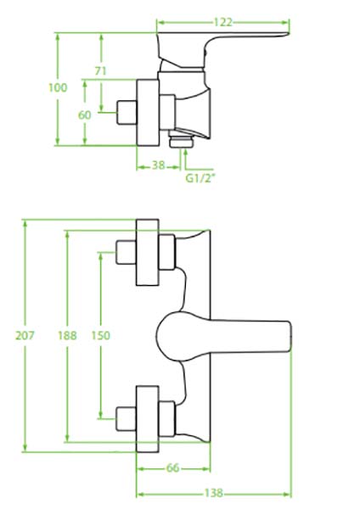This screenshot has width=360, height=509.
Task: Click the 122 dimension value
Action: pos(223,22)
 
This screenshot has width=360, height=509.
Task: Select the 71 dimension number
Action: pos(100,70)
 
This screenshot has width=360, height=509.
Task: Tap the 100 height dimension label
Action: pos(58,87)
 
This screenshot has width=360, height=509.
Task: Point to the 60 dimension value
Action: pos(84,115)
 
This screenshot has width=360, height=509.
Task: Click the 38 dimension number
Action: pos(158,165)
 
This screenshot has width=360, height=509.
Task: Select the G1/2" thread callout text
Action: pos(200,178)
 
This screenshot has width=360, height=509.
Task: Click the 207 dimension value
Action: pos(25,335)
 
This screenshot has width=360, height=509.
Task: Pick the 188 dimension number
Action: pos(67,335)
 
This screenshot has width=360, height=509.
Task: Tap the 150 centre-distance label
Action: pos(101,335)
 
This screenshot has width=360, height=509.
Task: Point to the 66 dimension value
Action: pos(172,467)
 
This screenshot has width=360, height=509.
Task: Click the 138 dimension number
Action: pos(213,493)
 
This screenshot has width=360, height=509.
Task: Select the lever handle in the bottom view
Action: pos(224,337)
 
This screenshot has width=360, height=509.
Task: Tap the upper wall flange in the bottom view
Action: pos(148,253)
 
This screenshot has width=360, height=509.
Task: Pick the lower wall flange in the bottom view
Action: pos(148,419)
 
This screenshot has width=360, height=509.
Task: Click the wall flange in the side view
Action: pos(148,113)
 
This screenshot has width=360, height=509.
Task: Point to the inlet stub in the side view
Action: pos(127,113)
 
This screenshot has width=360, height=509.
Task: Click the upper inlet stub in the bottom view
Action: pos(126,252)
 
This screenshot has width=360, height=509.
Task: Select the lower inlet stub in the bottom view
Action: pos(126,419)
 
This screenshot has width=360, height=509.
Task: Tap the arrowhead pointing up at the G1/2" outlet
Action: pos(186,153)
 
